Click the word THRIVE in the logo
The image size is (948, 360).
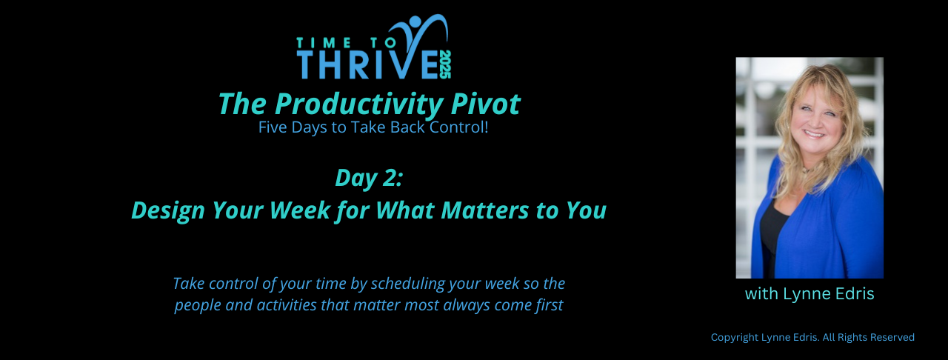(368, 64)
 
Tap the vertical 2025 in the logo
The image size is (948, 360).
(445, 64)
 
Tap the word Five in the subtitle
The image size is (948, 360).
(273, 127)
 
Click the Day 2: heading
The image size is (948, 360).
(369, 179)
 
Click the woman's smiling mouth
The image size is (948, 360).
(815, 134)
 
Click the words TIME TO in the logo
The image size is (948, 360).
(346, 43)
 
